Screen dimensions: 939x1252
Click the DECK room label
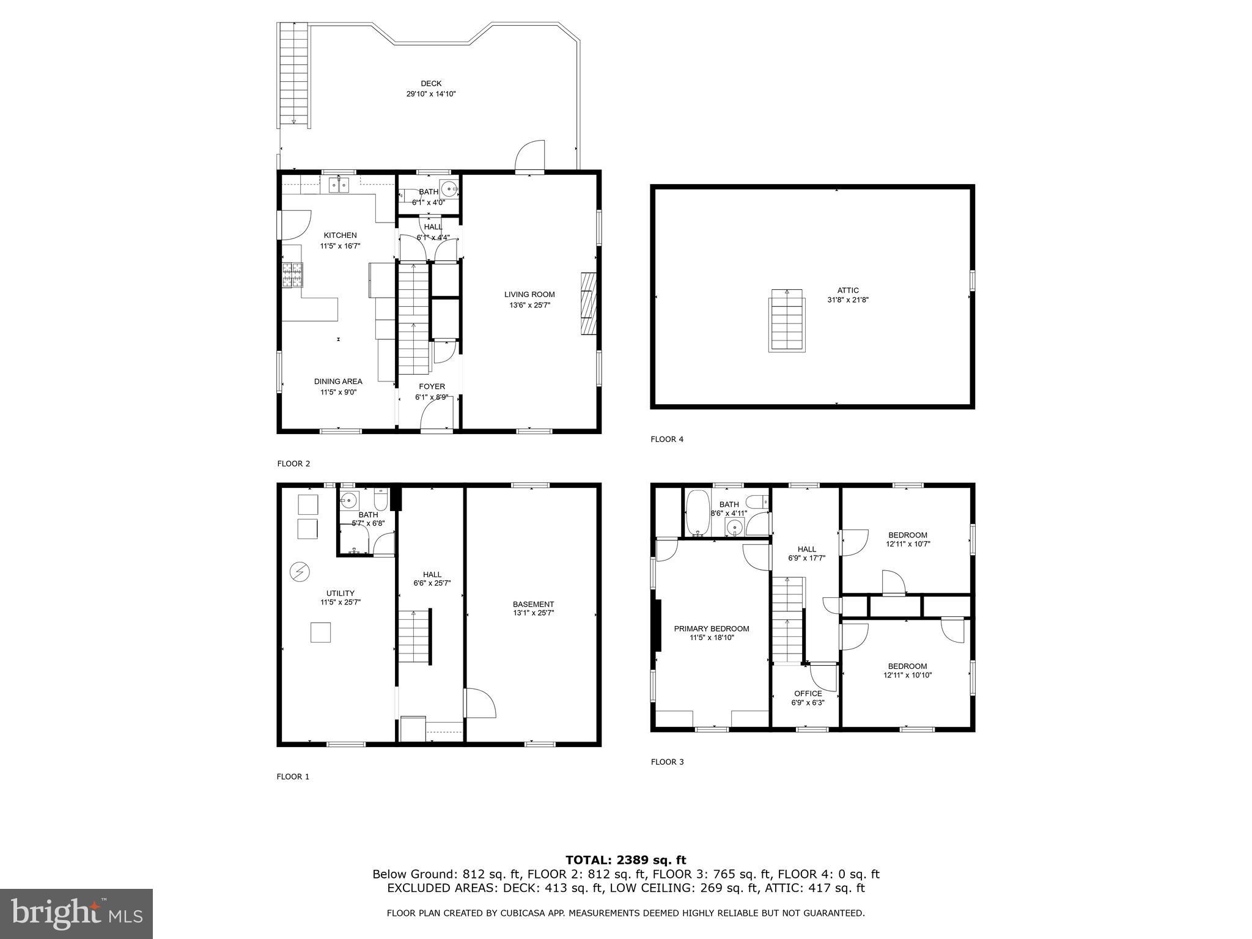431,84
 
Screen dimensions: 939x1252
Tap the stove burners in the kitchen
292,274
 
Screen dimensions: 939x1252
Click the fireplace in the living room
587,304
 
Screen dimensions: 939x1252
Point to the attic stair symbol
787,320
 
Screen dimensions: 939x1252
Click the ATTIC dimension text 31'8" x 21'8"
847,300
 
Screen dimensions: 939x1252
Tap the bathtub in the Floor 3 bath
696,512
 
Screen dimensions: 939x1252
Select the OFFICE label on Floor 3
808,693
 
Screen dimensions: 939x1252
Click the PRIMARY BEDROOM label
711,628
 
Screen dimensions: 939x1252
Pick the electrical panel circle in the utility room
300,572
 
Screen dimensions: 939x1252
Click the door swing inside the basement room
480,703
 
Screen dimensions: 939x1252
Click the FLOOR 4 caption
667,439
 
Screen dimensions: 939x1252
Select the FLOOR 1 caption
293,776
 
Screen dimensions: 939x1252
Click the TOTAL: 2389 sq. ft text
625,860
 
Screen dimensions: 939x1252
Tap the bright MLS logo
76,914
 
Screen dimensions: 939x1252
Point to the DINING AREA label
338,381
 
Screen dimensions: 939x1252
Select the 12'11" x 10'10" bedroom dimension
907,676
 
